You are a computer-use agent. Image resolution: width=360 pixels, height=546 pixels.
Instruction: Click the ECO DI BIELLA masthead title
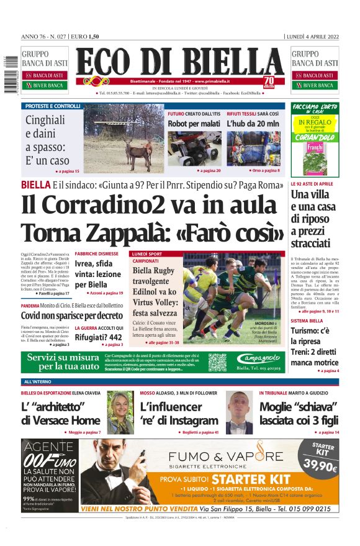coord(180,63)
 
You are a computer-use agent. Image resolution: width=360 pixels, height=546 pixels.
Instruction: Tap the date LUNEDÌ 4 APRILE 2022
coord(312,36)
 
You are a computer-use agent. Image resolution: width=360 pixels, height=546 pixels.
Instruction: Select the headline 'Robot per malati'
coord(194,124)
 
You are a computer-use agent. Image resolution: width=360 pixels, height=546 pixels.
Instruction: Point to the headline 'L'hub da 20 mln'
coord(253,124)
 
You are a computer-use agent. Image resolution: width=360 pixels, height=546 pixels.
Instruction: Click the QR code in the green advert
coord(217,362)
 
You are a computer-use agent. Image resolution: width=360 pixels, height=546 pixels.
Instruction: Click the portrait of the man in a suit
coord(238,412)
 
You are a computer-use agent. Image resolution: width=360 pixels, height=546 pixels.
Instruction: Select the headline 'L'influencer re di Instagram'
coord(179,414)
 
